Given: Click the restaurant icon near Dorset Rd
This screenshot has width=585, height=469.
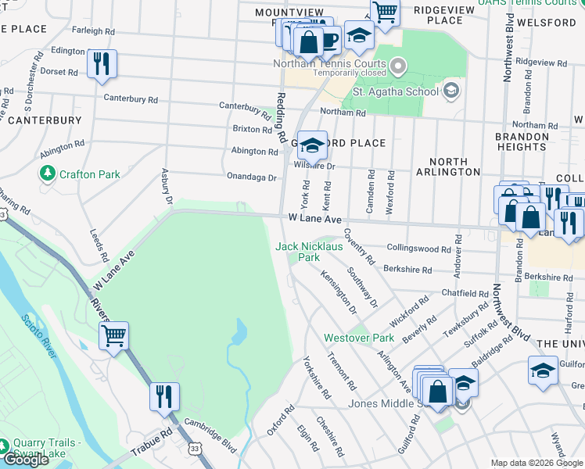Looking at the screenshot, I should pyautogui.click(x=102, y=64).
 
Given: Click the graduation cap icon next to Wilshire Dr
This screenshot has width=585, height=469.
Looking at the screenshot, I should pyautogui.click(x=311, y=145).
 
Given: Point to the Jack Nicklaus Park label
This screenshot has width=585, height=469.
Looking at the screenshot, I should pyautogui.click(x=309, y=251).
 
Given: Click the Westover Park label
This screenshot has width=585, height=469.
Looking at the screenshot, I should pyautogui.click(x=359, y=338).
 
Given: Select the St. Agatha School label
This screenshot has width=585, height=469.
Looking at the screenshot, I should pyautogui.click(x=395, y=91).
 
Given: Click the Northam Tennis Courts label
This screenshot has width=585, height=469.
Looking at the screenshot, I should pyautogui.click(x=329, y=63).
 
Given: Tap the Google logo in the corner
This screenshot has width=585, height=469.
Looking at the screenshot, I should pyautogui.click(x=26, y=460).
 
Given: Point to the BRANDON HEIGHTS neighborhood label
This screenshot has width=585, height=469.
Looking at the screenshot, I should pyautogui.click(x=522, y=141).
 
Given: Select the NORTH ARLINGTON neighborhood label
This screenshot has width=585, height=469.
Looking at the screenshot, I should pyautogui.click(x=448, y=166).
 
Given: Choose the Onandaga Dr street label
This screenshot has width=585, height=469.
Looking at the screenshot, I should pyautogui.click(x=251, y=177).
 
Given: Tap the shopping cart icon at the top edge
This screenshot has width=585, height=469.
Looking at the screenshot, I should pyautogui.click(x=385, y=12).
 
